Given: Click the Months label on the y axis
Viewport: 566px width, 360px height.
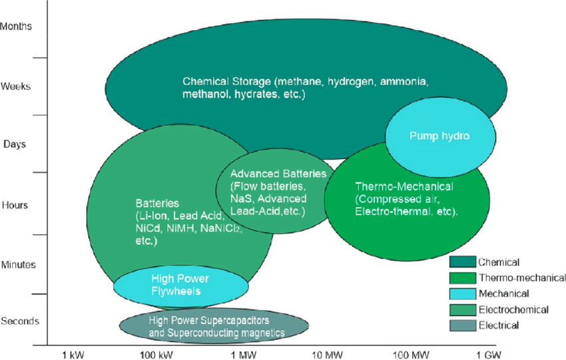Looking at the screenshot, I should pos(16,27).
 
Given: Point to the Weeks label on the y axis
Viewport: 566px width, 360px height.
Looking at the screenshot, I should pos(16,87).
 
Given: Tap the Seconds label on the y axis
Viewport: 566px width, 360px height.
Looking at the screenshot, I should pos(20,321).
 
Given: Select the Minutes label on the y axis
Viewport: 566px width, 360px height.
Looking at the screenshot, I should pos(19,264).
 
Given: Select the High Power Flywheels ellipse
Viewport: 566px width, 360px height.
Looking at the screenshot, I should pos(180,285).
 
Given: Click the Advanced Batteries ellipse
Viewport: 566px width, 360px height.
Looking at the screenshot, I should pos(273,193).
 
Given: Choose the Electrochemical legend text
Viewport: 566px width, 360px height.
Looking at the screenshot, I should pos(513,309).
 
